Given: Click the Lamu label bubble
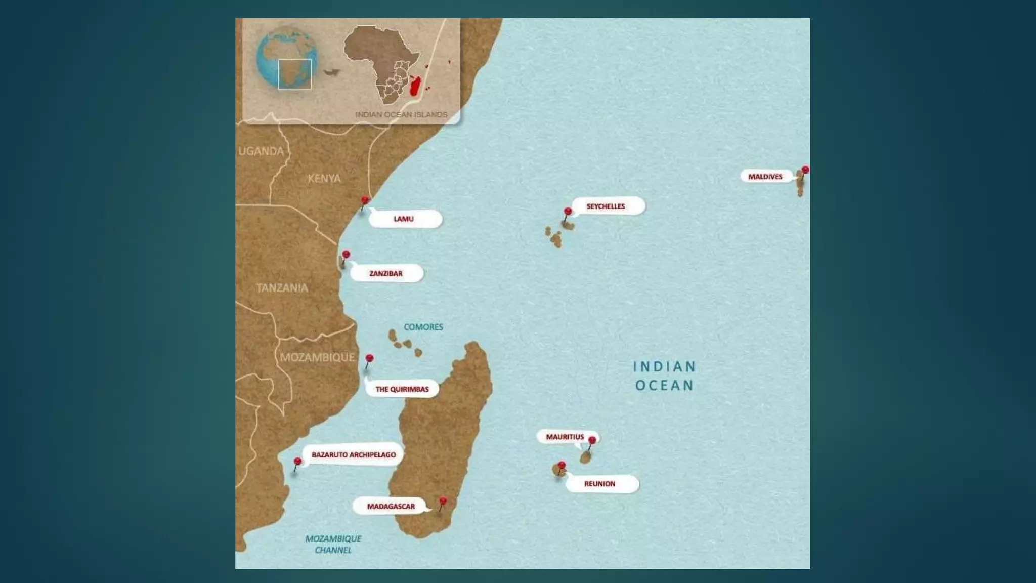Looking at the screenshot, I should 405,219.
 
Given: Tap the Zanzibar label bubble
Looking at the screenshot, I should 386,274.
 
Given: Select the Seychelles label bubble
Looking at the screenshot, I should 608,206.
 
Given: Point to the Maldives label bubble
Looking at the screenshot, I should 765,177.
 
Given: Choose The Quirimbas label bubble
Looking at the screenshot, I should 402,389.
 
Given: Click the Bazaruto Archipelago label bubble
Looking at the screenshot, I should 354,455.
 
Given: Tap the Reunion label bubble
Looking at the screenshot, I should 601,484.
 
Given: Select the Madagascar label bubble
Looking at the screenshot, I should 391,506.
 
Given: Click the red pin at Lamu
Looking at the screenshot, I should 365,201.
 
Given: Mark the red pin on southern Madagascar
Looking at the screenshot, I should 443,502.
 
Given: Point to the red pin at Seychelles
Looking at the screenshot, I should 568,212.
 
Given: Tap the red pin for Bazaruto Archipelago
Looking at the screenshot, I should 297,462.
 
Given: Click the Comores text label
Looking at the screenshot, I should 423,327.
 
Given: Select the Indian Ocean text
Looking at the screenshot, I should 665,376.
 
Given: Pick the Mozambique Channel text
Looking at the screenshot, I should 333,544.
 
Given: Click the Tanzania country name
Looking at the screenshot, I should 282,288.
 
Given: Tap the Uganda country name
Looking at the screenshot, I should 261,151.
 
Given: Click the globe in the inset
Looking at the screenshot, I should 287,58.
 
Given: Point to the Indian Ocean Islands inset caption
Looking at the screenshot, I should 401,115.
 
